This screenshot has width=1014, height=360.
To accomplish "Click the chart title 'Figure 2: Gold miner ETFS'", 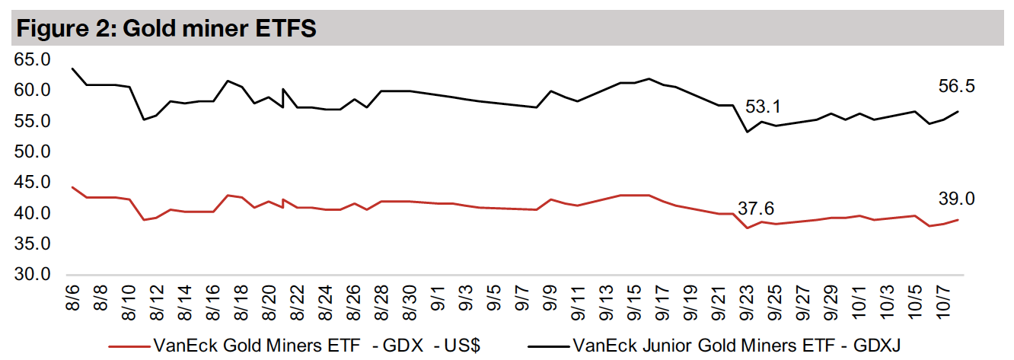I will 166,30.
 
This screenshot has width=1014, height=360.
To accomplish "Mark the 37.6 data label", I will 756,208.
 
